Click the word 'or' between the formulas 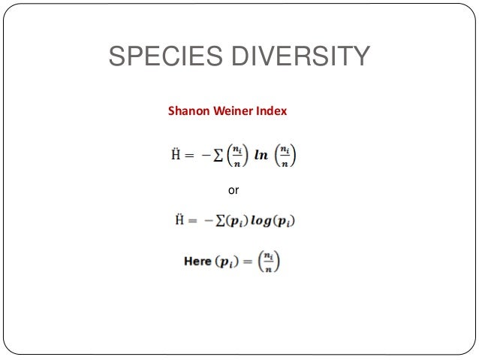pos(233,191)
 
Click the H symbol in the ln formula pos(179,156)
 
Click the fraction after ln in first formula pos(285,156)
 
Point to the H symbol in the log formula pos(179,221)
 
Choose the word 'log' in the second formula pos(260,221)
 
